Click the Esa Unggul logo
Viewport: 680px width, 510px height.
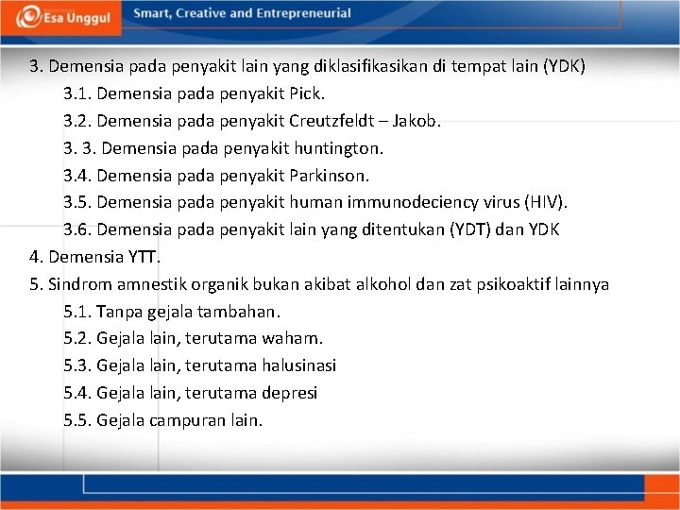pos(60,16)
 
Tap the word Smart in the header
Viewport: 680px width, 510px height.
pos(153,14)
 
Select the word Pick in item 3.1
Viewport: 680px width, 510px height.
pos(307,94)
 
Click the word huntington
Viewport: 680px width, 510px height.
pos(339,148)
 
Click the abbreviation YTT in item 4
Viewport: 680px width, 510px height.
pos(143,257)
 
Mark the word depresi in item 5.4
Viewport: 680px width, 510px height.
pos(291,392)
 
